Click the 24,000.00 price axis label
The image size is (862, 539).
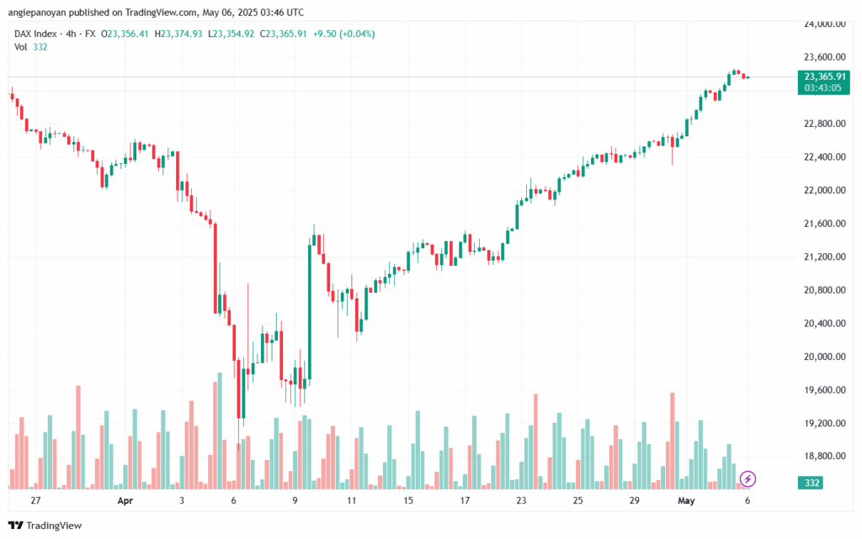[824, 24]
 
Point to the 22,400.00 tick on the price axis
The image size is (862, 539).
[824, 157]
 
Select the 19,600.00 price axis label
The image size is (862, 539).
[824, 390]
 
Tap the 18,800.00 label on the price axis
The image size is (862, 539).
[824, 457]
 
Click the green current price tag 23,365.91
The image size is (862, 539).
[824, 77]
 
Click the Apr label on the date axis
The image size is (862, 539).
[125, 500]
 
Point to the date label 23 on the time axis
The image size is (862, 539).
[521, 500]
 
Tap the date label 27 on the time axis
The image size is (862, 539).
[35, 500]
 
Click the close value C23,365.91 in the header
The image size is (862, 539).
[287, 34]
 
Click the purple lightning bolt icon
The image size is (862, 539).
[748, 479]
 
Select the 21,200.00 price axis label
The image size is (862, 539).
[824, 257]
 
